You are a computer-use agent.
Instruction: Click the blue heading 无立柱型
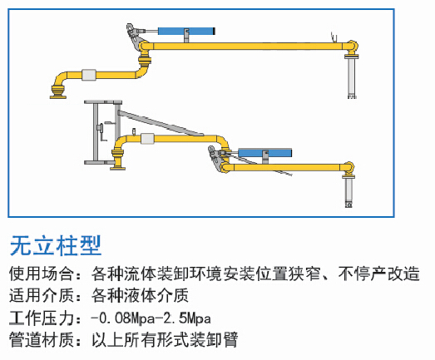point(56,246)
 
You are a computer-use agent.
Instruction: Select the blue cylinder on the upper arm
point(185,31)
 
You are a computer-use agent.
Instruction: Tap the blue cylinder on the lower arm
point(265,152)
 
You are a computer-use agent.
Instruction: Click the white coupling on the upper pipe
point(89,75)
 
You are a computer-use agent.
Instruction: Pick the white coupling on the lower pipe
point(147,138)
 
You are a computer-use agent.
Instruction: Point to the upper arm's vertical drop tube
point(352,78)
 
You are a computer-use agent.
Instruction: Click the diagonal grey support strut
point(161,123)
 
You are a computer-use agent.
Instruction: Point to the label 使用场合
point(41,274)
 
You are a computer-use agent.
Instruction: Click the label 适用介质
point(41,295)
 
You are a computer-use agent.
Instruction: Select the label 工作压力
point(41,318)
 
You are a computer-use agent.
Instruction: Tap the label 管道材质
point(41,339)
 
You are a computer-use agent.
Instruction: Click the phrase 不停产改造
point(378,274)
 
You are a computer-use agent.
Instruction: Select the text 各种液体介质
point(140,295)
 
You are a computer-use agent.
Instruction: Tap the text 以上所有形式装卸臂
point(165,339)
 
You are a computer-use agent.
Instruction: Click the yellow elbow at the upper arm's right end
point(352,47)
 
